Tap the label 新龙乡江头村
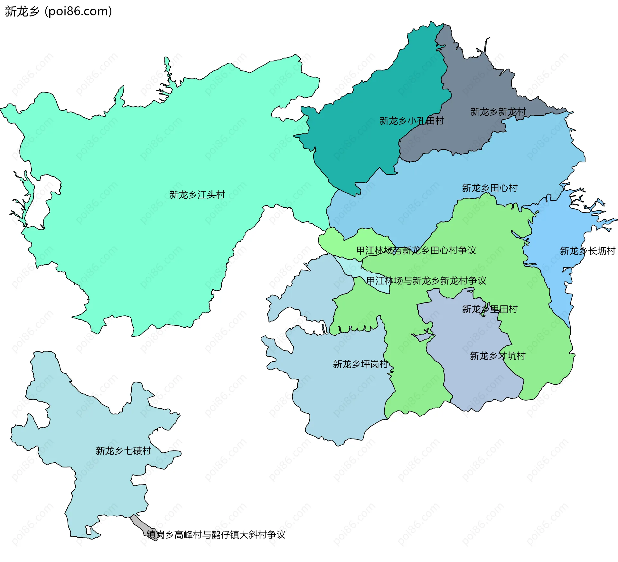pos(197,195)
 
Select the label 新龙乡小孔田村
pos(412,121)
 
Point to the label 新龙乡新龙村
pos(498,112)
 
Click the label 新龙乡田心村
pos(490,188)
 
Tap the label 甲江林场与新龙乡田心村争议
pos(416,250)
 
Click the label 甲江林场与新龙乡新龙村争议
pos(426,281)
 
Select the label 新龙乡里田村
pos(490,309)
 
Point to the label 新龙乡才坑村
pos(497,356)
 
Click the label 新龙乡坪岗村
pos(360,364)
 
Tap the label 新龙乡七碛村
pos(123,450)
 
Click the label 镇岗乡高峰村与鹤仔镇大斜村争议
pos(216,534)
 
